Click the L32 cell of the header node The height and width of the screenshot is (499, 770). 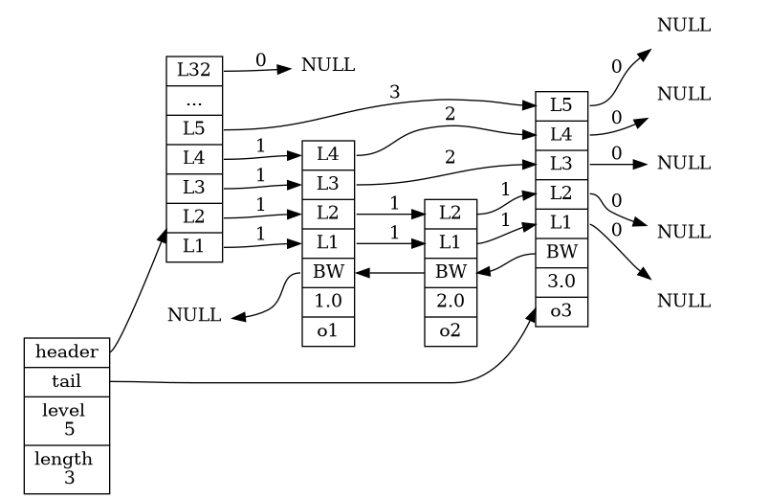pos(195,70)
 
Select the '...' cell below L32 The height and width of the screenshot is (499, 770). pos(195,98)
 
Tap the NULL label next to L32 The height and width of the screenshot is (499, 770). pos(328,65)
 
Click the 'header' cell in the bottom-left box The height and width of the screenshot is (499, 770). pos(67,352)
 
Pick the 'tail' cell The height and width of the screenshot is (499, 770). pos(67,380)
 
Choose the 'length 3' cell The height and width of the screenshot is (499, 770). pos(67,468)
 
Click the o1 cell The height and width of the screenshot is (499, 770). pos(328,330)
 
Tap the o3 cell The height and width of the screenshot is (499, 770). pos(561,311)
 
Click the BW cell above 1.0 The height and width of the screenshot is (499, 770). pos(328,272)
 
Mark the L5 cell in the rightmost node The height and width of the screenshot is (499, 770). pos(561,104)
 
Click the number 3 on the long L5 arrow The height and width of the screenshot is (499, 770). pos(394,92)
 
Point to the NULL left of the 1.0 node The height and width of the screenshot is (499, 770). pos(194,315)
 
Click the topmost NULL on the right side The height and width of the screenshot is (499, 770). pos(684,26)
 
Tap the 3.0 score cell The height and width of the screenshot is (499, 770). pos(561,283)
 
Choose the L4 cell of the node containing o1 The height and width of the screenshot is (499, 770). pos(328,154)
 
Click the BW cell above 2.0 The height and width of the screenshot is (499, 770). pos(451,272)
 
